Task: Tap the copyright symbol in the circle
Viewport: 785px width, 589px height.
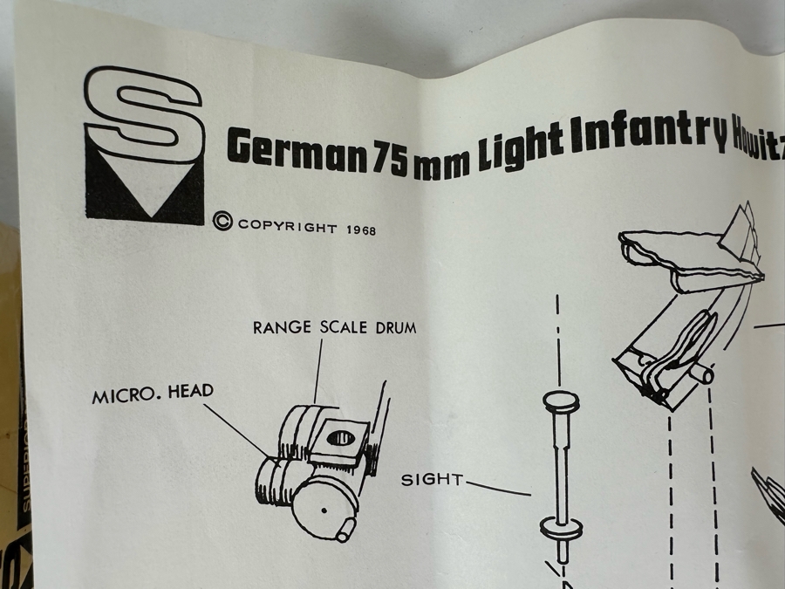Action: [222, 223]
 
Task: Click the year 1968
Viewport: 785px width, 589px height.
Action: [360, 230]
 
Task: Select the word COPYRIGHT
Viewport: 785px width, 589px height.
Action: [287, 227]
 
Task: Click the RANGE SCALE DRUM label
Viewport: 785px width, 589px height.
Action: [334, 328]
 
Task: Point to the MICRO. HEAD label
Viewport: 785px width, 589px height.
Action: [153, 395]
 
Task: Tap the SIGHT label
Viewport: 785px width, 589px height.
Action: [433, 479]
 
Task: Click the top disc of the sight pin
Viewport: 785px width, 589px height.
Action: [561, 402]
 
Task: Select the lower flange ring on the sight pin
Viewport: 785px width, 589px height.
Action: [561, 527]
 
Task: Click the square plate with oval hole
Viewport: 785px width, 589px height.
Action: [342, 440]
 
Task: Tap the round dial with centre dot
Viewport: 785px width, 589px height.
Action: [324, 510]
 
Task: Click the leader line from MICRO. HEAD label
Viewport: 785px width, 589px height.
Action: [241, 430]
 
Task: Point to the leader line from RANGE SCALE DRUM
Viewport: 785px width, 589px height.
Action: [318, 371]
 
